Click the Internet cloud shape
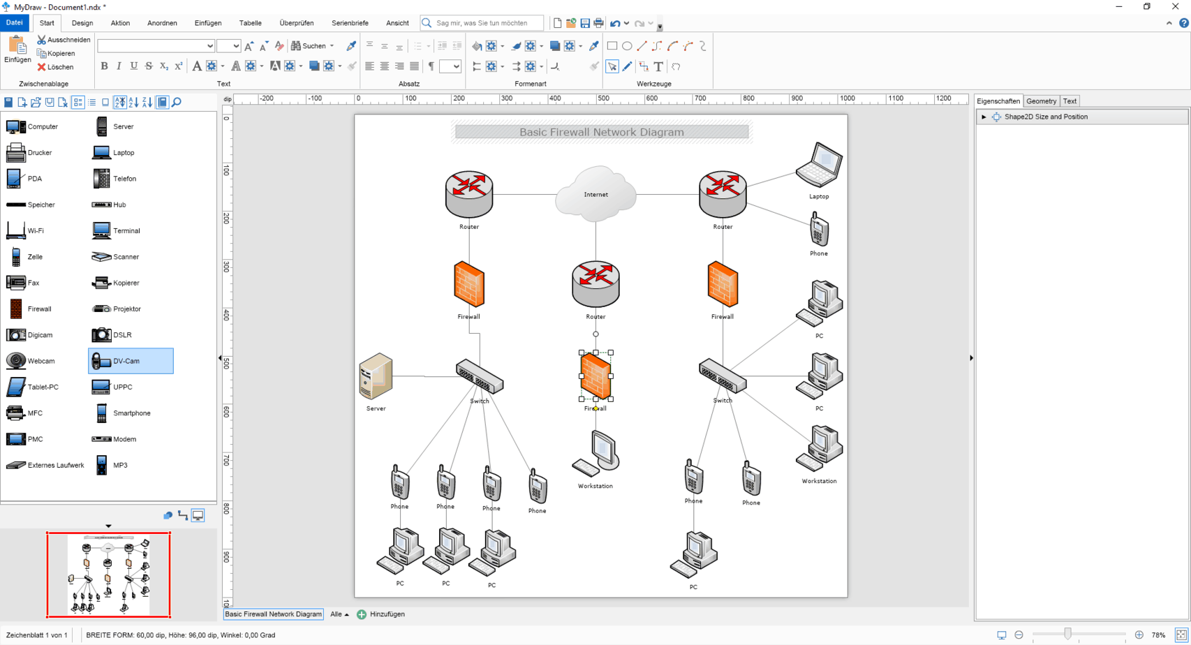(x=595, y=193)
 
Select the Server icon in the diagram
(x=376, y=377)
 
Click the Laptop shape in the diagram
(x=820, y=165)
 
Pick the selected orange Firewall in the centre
(x=595, y=376)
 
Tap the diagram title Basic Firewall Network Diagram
(x=601, y=132)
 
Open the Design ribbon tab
(x=82, y=23)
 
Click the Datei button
(x=14, y=23)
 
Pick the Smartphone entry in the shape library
(x=131, y=413)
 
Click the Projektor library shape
(x=126, y=309)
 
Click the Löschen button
(x=56, y=67)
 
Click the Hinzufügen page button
(x=381, y=614)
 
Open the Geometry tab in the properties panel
(x=1041, y=101)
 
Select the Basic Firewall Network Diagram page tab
(x=273, y=614)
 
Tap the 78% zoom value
(x=1158, y=635)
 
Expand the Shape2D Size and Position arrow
(x=984, y=117)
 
